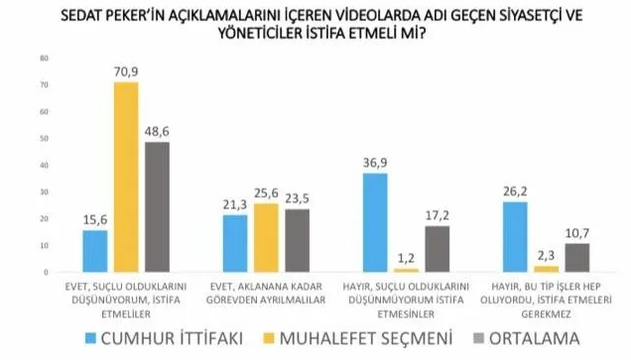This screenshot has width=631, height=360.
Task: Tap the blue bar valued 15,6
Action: (x=95, y=251)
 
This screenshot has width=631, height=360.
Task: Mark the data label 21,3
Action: (x=235, y=204)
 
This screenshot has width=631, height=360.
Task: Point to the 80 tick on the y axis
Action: (x=43, y=58)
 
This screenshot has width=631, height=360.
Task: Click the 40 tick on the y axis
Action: (x=43, y=165)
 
